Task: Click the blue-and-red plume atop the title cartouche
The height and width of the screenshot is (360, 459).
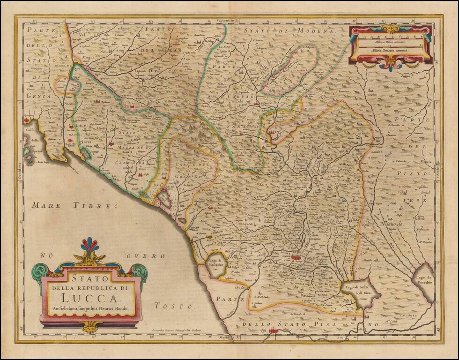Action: (90, 246)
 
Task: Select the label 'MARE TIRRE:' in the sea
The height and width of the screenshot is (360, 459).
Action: (71, 205)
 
